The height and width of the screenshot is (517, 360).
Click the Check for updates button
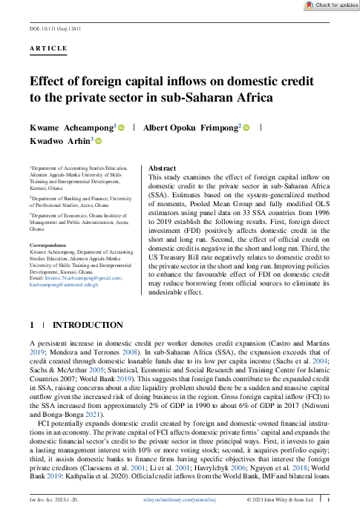pos(332,5)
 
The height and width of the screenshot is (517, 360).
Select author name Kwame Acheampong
pos(65,127)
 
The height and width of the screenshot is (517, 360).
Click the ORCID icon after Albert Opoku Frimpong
pos(248,127)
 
